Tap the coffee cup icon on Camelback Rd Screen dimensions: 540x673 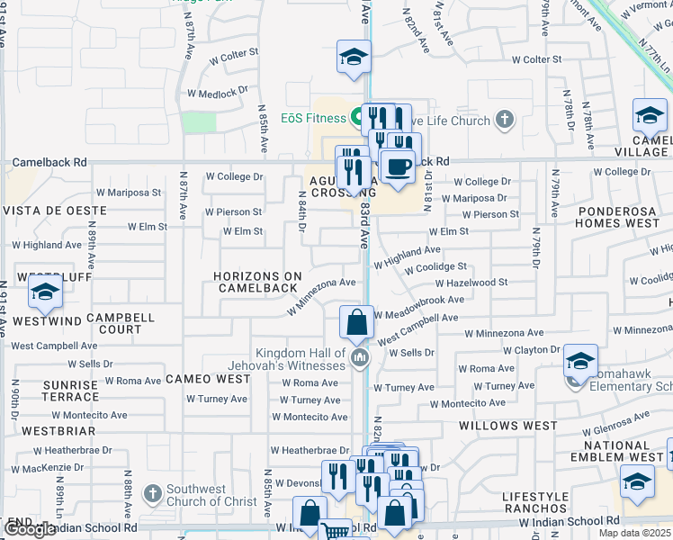tap(397, 165)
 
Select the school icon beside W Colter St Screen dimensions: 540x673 tap(354, 58)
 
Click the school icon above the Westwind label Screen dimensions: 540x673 tap(45, 292)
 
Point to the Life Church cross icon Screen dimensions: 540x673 tap(505, 120)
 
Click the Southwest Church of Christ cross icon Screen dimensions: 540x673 tap(153, 494)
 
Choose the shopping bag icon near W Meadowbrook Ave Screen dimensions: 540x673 tap(357, 322)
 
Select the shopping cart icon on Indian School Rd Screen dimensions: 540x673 tap(336, 531)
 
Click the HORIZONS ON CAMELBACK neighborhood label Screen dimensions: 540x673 tap(256, 282)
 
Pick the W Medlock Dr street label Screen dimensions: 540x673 tap(218, 93)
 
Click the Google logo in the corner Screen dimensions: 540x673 tap(30, 529)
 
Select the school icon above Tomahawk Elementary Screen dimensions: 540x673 tap(581, 362)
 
